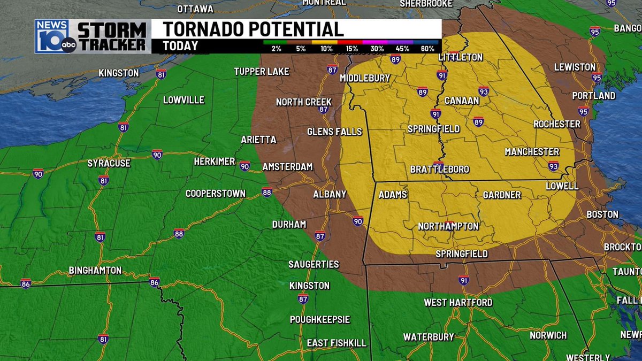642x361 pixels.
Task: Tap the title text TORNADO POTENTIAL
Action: coord(253,29)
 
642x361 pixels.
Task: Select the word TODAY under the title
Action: coord(181,47)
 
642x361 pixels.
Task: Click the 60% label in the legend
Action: coord(427,49)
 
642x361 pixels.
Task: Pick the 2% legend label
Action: coord(276,49)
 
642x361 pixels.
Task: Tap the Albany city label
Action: coord(330,194)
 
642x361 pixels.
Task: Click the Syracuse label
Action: coord(109,163)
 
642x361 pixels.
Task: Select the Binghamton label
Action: coord(95,271)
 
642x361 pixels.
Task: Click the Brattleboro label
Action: coord(439,170)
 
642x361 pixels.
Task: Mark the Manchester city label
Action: coord(532,152)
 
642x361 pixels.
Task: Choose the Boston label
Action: coord(602,214)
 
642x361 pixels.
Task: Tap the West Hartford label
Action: coord(458,303)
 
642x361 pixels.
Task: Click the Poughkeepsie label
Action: coord(319,320)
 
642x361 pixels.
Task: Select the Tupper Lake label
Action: coord(262,72)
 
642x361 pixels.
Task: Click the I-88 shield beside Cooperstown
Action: coord(267,192)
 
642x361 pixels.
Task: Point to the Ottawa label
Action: coord(195,9)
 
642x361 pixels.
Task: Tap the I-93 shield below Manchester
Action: coord(553,165)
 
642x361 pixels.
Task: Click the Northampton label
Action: coord(448,226)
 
